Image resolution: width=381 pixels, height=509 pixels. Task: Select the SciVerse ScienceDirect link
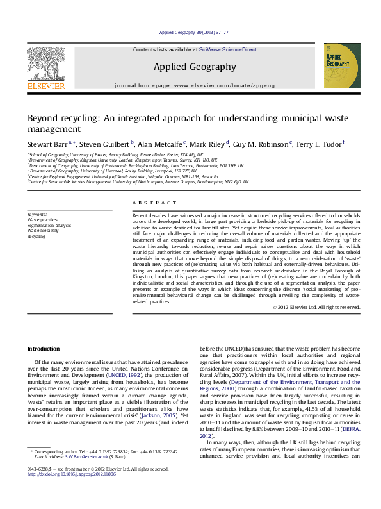[x=227, y=49]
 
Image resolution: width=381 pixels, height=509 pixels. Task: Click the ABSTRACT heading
[x=145, y=203]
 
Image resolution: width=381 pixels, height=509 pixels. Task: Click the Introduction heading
[x=43, y=349]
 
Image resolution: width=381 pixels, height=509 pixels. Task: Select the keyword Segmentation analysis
[x=49, y=225]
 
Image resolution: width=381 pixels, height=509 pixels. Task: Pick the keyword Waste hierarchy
[x=44, y=231]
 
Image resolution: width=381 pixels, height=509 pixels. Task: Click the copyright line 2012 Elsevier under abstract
[x=316, y=307]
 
